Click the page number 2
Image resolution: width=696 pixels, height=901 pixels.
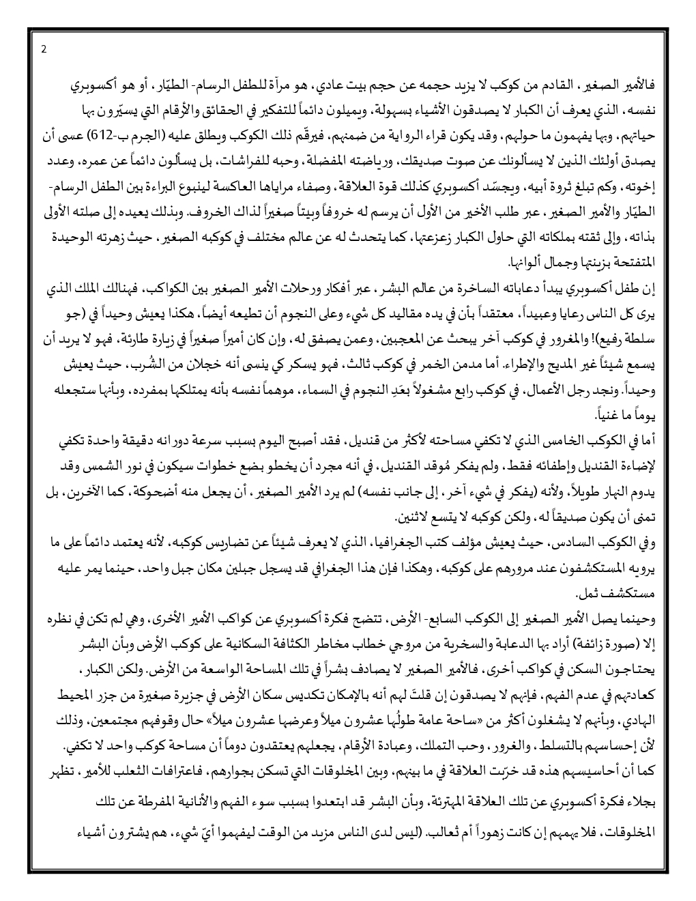44,49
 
